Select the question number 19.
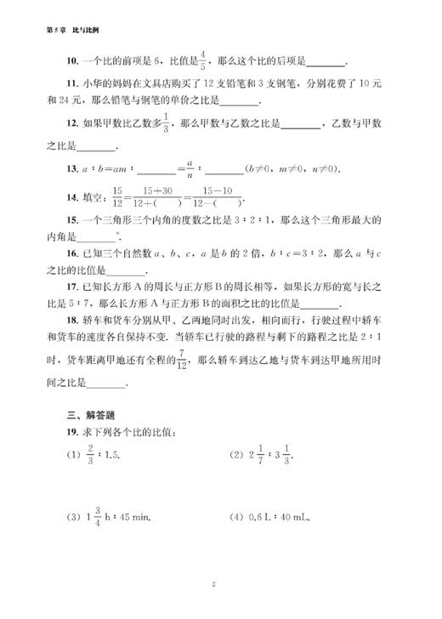click(x=49, y=434)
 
